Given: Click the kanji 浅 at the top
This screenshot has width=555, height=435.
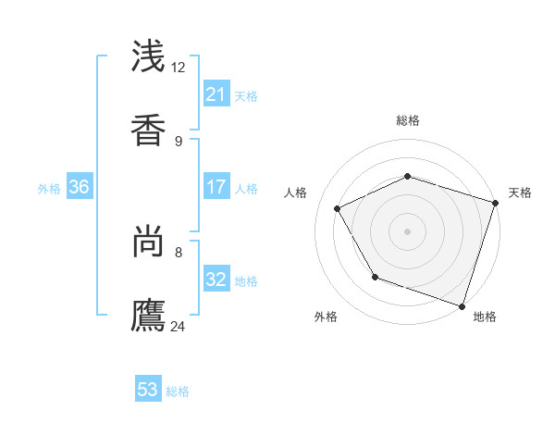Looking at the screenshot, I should coord(149,57).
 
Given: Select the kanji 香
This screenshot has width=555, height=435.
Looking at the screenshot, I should coord(149,129).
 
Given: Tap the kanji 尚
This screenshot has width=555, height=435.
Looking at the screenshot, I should coord(149,242).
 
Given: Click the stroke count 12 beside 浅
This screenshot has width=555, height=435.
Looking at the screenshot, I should coord(178,68).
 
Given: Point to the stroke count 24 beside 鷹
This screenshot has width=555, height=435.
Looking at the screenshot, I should coord(178,325).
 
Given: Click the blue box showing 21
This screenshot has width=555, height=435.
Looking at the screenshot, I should coord(216,94).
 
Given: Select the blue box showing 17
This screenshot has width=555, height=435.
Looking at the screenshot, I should coord(216,187).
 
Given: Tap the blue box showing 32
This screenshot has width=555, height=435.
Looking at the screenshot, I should coord(216,280).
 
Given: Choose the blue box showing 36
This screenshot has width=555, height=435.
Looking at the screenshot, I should coord(80,187).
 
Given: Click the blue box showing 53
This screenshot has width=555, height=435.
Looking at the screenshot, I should coord(148,390).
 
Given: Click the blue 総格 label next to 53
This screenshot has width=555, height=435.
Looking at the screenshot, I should coord(178,391).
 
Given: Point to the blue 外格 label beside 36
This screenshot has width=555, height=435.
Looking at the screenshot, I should coord(49,189).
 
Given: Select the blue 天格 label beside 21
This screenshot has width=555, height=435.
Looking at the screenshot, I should coord(246,96).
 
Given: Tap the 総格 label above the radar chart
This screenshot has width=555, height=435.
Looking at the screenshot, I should coord(407,120).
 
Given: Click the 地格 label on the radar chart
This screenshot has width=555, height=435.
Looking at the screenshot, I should coord(485,317).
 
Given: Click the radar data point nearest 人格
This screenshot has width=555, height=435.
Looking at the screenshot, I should coord(337,208).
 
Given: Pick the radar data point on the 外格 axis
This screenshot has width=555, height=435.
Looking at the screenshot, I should coord(375,277).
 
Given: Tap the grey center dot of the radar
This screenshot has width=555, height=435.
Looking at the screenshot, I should coord(407,230).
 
